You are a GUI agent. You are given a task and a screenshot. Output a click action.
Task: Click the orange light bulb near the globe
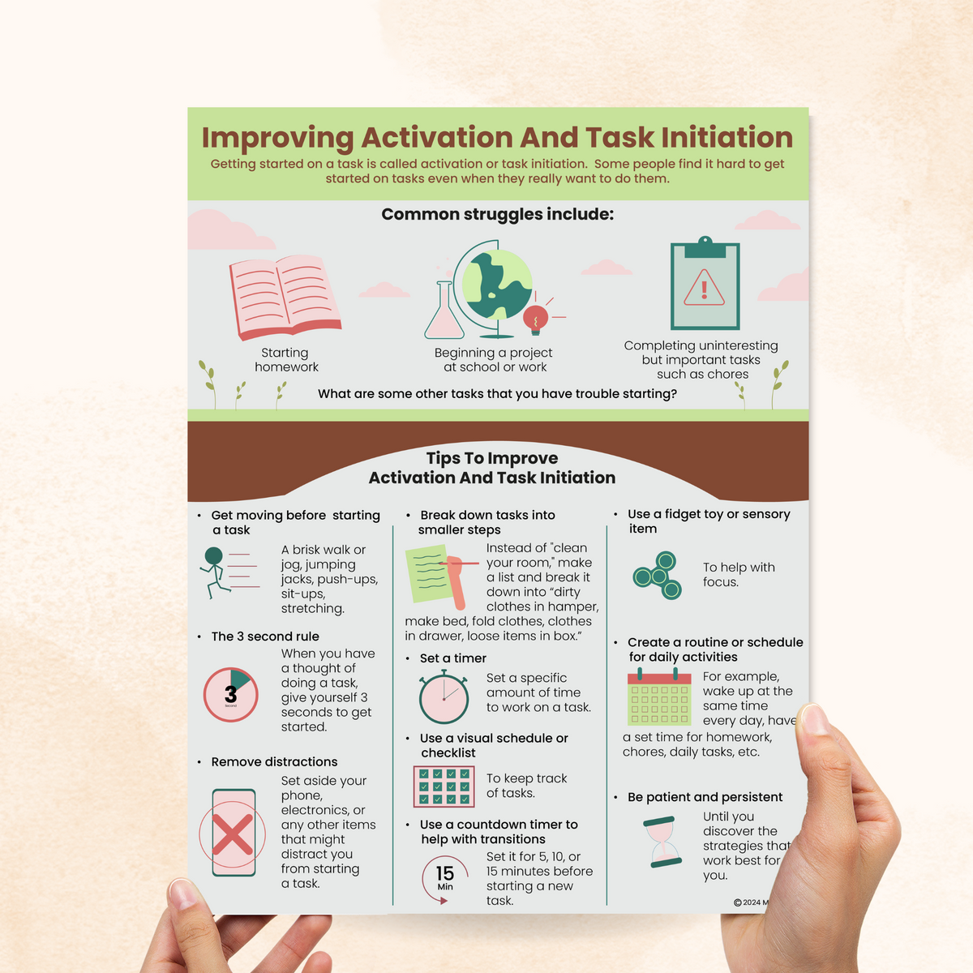(x=535, y=319)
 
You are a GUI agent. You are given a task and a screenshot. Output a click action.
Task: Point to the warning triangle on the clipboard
(x=704, y=288)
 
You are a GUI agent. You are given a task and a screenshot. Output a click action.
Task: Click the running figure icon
(x=214, y=572)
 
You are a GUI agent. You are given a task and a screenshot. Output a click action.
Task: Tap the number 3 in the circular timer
(x=230, y=694)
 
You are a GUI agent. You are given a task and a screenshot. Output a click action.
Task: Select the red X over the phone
(x=233, y=834)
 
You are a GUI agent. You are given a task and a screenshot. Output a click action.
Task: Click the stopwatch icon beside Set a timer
(x=444, y=697)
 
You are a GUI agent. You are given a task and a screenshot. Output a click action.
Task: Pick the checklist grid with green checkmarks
(x=444, y=786)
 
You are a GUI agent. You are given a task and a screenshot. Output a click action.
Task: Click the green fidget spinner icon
(x=658, y=575)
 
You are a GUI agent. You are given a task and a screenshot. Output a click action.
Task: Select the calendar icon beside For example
(x=658, y=697)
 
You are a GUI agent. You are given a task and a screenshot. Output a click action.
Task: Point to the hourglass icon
(x=664, y=843)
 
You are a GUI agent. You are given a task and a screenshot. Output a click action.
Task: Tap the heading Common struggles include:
(x=497, y=215)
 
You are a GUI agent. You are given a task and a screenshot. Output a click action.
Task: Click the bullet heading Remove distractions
(x=274, y=762)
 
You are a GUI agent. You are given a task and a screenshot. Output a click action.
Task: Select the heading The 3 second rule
(x=265, y=637)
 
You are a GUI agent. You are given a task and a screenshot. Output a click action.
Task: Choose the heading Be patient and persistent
(x=705, y=797)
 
